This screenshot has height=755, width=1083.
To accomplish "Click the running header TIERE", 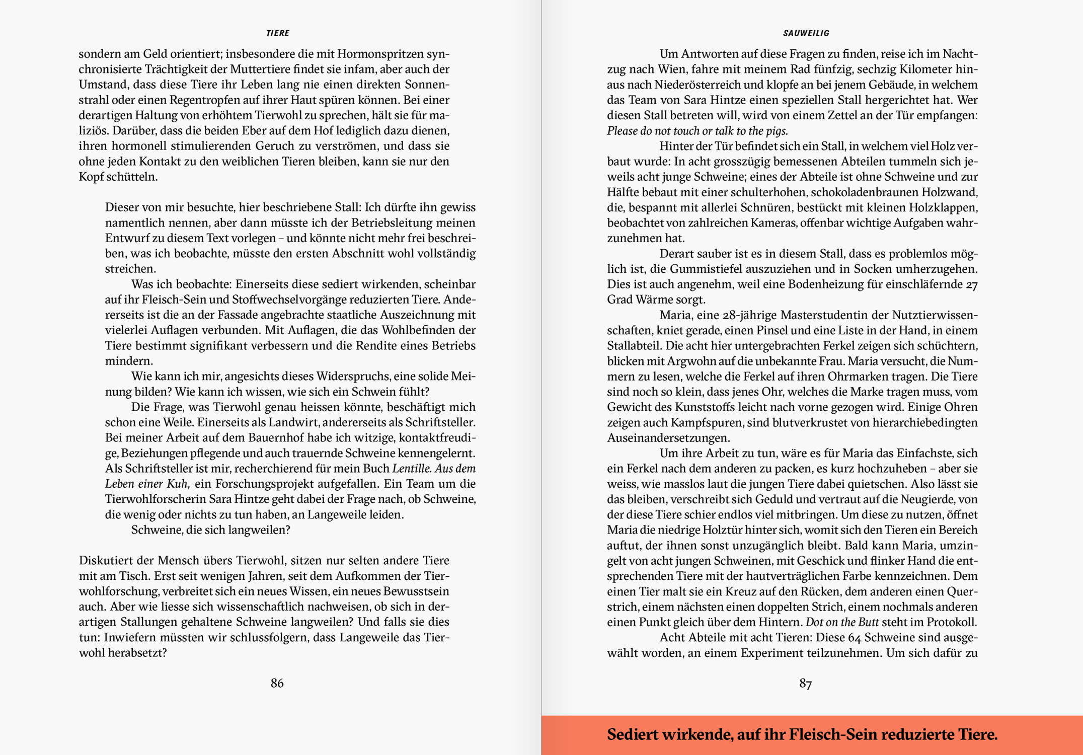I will (x=277, y=33).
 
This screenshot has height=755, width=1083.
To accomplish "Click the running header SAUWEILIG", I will (x=806, y=33).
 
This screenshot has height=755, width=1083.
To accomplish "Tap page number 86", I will (x=277, y=683).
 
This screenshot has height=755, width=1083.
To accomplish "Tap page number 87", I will (x=805, y=683).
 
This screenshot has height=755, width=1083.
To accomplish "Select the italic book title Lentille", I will (x=411, y=468).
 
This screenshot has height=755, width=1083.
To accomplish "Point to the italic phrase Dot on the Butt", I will (x=841, y=622).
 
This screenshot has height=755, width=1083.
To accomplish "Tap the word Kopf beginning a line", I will (x=91, y=177).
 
